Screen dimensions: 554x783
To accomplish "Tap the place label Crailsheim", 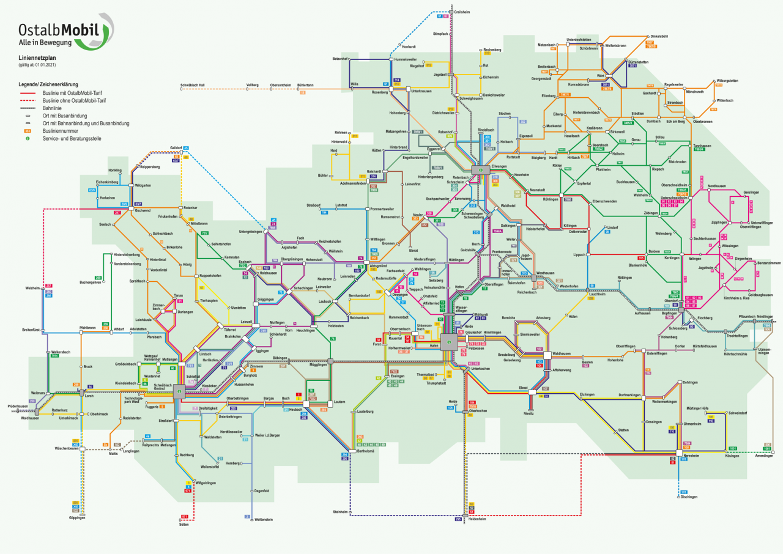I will (x=464, y=12).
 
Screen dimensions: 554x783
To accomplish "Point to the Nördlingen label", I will (x=765, y=317).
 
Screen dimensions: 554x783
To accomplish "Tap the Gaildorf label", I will (x=176, y=148).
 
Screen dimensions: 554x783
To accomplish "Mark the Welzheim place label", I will (x=32, y=287).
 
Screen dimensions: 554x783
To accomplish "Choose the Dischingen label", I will (x=688, y=497).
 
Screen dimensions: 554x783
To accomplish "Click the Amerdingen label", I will (x=764, y=456).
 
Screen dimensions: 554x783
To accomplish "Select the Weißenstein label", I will (x=263, y=519).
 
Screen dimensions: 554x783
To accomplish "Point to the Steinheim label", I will (x=340, y=511).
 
